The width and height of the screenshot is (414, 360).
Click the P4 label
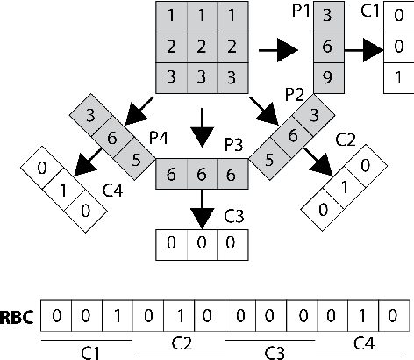pos(159,139)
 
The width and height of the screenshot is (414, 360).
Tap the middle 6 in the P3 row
pos(202,175)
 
